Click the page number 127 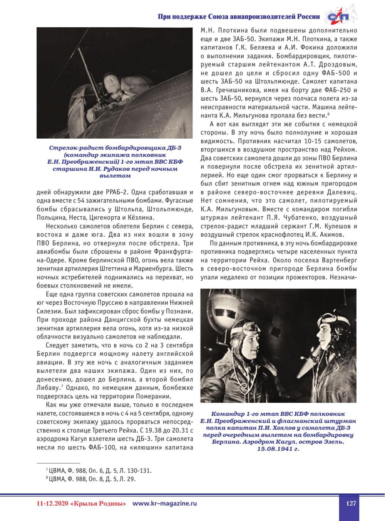(x=351, y=503)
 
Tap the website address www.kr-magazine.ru (x=164, y=503)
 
